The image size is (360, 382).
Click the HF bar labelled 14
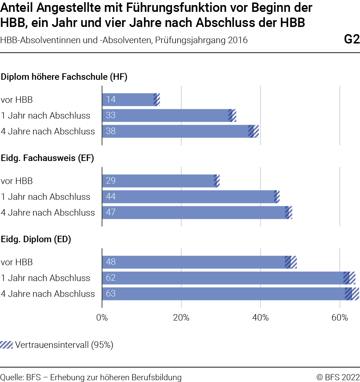point(131,100)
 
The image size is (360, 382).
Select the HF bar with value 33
point(169,115)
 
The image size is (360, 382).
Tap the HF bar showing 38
point(181,131)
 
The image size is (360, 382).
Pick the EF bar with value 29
point(161,181)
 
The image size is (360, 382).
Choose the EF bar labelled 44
point(191,197)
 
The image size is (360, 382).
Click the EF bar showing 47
point(197,213)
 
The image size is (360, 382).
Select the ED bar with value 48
point(199,262)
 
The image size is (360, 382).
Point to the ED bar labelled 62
point(229,278)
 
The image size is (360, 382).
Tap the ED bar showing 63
point(230,294)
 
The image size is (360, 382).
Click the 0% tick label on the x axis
point(102,318)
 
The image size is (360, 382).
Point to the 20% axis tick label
point(181,318)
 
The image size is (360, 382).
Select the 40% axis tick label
point(261,318)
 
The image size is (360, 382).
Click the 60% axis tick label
point(340,318)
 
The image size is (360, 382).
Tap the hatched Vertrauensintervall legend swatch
point(6,345)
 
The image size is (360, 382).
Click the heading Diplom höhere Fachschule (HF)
point(64,77)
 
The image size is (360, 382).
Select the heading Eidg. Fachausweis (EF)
point(47,158)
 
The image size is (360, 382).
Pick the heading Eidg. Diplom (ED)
point(36,239)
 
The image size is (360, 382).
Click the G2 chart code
point(352,39)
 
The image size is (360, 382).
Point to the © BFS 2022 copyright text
point(338,377)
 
